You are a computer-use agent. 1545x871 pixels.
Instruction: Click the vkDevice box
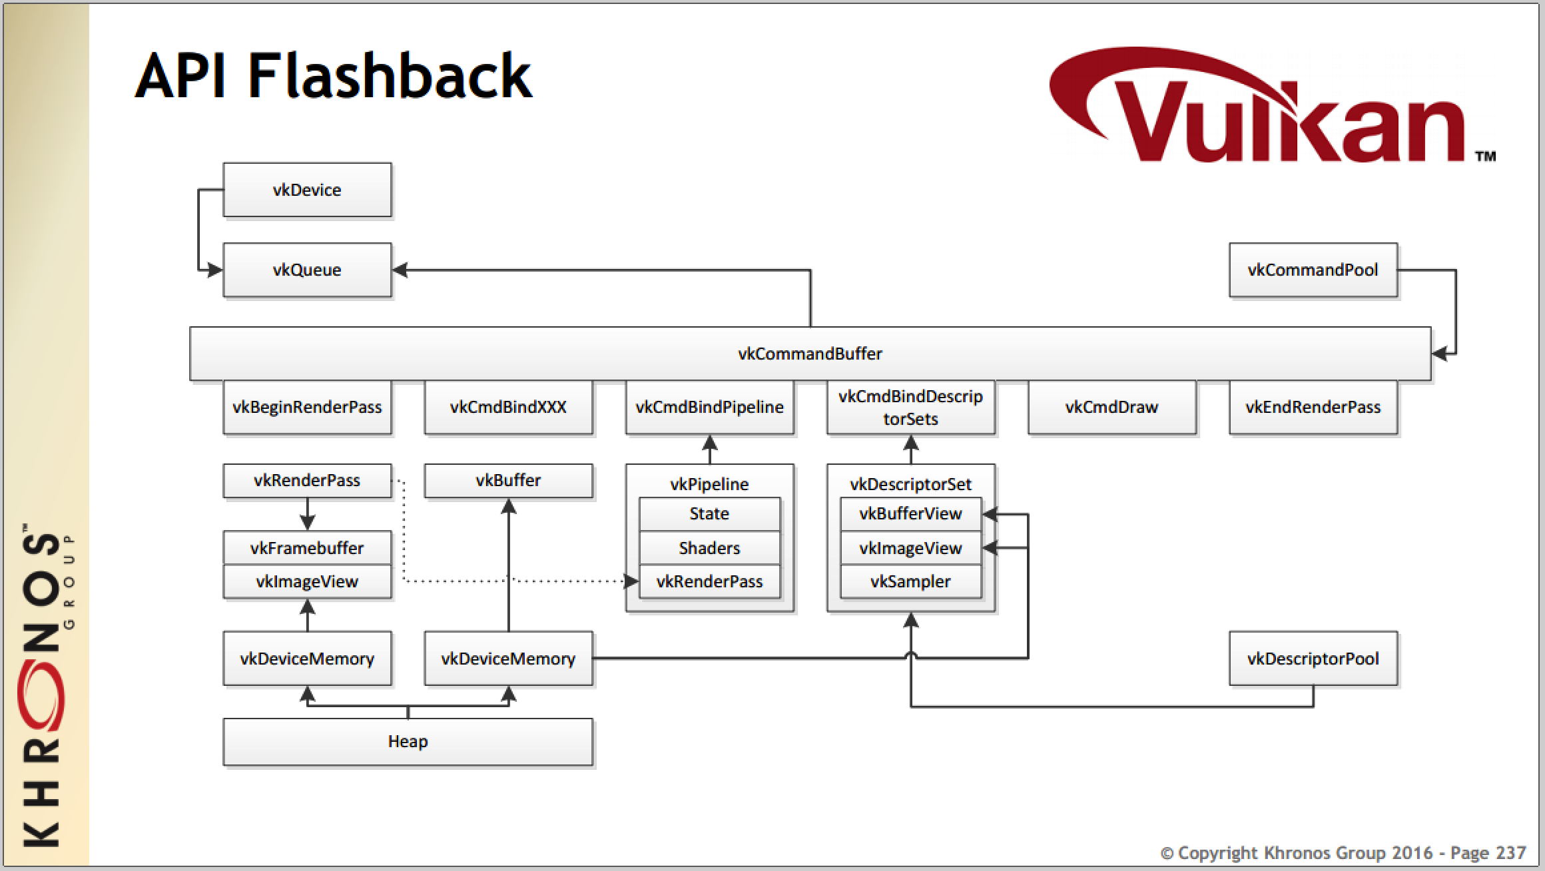[x=307, y=190]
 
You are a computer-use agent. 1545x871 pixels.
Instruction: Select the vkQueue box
[x=307, y=270]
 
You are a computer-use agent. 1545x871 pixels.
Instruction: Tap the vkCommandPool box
[x=1313, y=270]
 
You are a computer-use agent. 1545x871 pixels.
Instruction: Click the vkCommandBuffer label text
[x=810, y=354]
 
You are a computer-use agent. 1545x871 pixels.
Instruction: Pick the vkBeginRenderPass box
[x=307, y=407]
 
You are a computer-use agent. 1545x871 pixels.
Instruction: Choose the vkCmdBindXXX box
[x=508, y=407]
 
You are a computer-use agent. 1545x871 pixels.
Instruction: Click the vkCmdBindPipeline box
[x=709, y=407]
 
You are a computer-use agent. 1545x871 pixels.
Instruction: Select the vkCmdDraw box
[x=1111, y=407]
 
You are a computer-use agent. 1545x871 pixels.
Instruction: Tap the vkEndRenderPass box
[x=1313, y=407]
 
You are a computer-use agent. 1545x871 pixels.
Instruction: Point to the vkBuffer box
[x=508, y=480]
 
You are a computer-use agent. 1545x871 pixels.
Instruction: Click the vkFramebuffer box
[x=307, y=548]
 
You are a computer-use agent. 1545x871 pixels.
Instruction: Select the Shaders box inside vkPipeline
[x=709, y=548]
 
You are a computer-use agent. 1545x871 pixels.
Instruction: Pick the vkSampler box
[x=910, y=581]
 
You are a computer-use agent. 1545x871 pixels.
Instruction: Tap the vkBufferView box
[x=910, y=513]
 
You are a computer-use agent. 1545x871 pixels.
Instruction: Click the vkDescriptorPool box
[x=1313, y=659]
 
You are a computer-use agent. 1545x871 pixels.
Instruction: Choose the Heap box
[x=408, y=741]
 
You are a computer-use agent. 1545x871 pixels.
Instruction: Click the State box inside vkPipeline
[x=709, y=513]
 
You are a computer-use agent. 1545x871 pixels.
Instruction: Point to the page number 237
[x=1506, y=853]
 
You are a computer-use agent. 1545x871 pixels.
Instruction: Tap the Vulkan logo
[x=1265, y=113]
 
